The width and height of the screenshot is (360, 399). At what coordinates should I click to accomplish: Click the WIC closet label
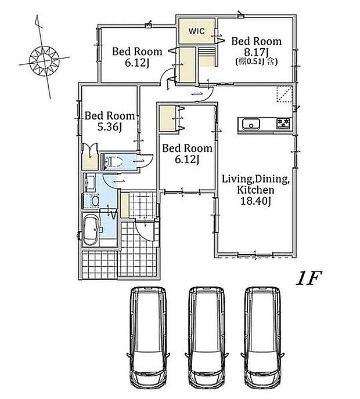pos(196,31)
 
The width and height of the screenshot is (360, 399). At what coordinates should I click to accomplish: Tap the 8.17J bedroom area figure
pos(256,52)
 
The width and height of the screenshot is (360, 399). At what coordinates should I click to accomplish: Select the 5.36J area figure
pos(109,126)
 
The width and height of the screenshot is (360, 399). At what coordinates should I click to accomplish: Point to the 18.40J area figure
pos(255,201)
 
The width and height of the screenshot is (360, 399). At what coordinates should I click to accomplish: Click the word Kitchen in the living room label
pos(255,190)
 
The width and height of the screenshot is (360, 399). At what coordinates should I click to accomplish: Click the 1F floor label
pos(309,278)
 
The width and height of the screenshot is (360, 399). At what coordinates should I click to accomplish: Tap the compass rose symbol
pos(44,60)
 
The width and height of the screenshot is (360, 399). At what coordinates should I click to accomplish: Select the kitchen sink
pos(251,125)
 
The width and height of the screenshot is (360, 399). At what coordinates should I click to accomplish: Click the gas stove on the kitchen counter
pos(283,124)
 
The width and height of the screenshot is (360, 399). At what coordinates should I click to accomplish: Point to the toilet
pos(113,161)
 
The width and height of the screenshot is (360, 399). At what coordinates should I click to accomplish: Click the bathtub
pos(91,230)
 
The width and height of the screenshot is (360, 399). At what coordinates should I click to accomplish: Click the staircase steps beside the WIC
pos(206,56)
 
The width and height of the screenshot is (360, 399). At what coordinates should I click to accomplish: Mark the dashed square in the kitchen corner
pos(285,93)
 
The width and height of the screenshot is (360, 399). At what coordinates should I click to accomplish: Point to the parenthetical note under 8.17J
pos(256,61)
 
